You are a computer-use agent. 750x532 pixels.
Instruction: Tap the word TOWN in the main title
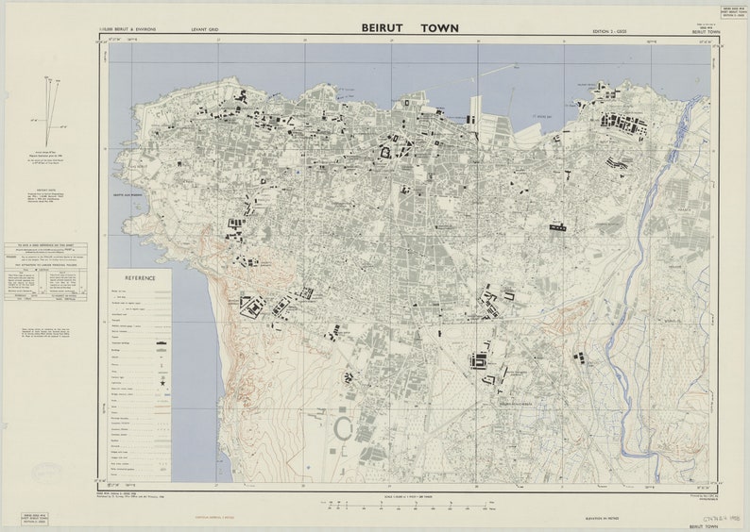440,28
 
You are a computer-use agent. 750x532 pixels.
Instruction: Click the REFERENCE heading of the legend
139,278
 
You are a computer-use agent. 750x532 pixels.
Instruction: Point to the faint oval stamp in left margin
47,471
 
